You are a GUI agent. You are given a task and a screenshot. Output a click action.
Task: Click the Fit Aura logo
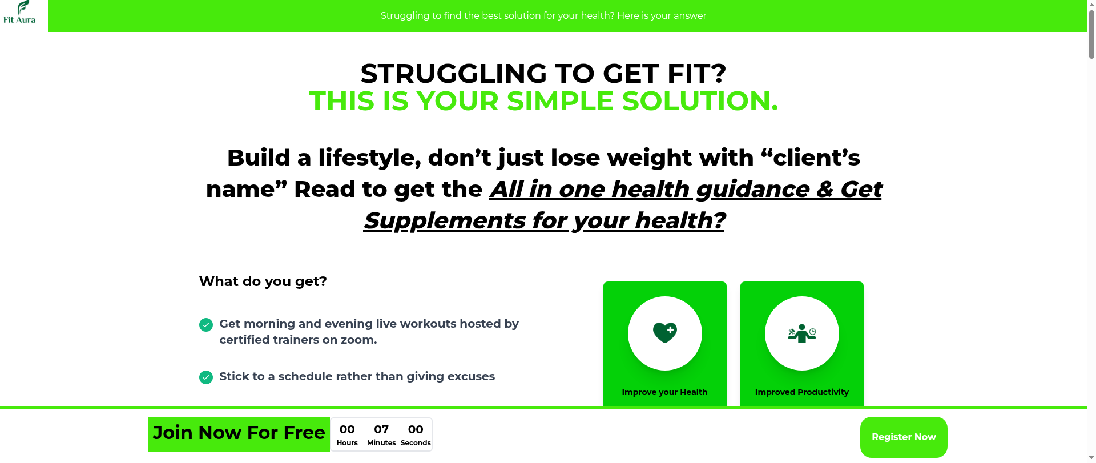tap(19, 12)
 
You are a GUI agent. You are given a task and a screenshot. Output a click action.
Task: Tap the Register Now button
tap(904, 437)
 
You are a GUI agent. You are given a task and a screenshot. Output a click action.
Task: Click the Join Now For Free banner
tap(239, 433)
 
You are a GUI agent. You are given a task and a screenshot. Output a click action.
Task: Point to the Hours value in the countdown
tap(347, 429)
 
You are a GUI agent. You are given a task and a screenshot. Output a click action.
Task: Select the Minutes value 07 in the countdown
tap(381, 429)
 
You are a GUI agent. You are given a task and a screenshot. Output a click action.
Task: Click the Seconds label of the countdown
tap(416, 443)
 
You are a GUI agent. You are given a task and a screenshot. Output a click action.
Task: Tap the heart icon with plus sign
tap(665, 332)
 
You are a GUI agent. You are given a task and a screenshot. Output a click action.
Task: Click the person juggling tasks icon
tap(802, 333)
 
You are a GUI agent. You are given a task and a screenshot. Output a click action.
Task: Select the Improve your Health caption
tap(664, 392)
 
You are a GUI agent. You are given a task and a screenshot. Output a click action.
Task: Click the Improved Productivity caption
tap(802, 392)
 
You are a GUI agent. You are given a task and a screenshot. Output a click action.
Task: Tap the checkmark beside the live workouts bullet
tap(206, 325)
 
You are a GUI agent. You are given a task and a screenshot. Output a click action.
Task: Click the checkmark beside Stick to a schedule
tap(206, 377)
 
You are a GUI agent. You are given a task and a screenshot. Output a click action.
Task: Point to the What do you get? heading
tap(263, 281)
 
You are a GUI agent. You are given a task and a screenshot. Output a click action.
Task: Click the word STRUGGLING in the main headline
tap(454, 74)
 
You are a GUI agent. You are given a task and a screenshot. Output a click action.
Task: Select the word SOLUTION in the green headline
tap(700, 101)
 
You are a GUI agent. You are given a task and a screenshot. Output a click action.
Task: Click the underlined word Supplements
tap(445, 221)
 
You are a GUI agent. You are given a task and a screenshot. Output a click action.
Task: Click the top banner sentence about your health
tap(543, 16)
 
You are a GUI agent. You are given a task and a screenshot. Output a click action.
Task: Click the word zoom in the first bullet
tap(358, 340)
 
